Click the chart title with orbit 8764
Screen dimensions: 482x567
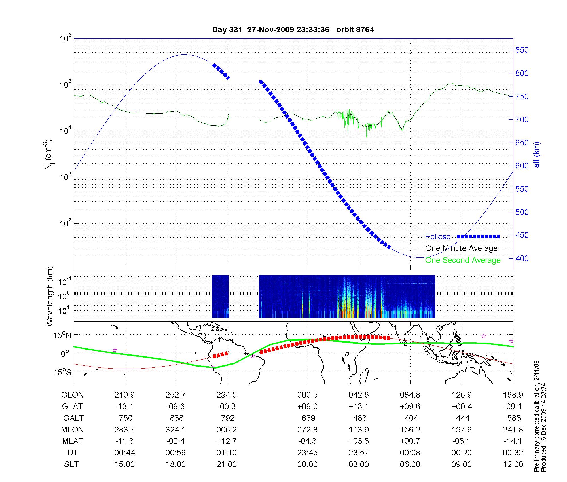point(293,30)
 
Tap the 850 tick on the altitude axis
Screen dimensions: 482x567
point(522,50)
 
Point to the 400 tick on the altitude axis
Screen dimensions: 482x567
point(522,258)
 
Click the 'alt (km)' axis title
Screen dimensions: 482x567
point(537,155)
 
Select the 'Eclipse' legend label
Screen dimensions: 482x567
point(438,237)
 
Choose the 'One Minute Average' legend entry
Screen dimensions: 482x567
point(461,248)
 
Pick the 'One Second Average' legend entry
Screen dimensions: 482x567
point(463,260)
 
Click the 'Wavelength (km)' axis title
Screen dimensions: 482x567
point(50,296)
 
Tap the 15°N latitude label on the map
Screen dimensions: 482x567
point(62,335)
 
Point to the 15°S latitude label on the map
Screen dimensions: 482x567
point(62,372)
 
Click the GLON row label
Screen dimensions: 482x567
point(73,395)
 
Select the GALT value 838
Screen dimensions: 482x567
point(176,418)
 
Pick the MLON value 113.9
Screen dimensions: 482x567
point(359,430)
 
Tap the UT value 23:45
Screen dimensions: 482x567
point(307,453)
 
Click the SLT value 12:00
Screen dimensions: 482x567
point(513,464)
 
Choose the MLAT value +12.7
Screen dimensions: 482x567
point(227,441)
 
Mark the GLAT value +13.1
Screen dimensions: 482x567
point(359,407)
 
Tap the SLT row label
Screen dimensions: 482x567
point(71,464)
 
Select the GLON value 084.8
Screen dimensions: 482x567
point(410,395)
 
